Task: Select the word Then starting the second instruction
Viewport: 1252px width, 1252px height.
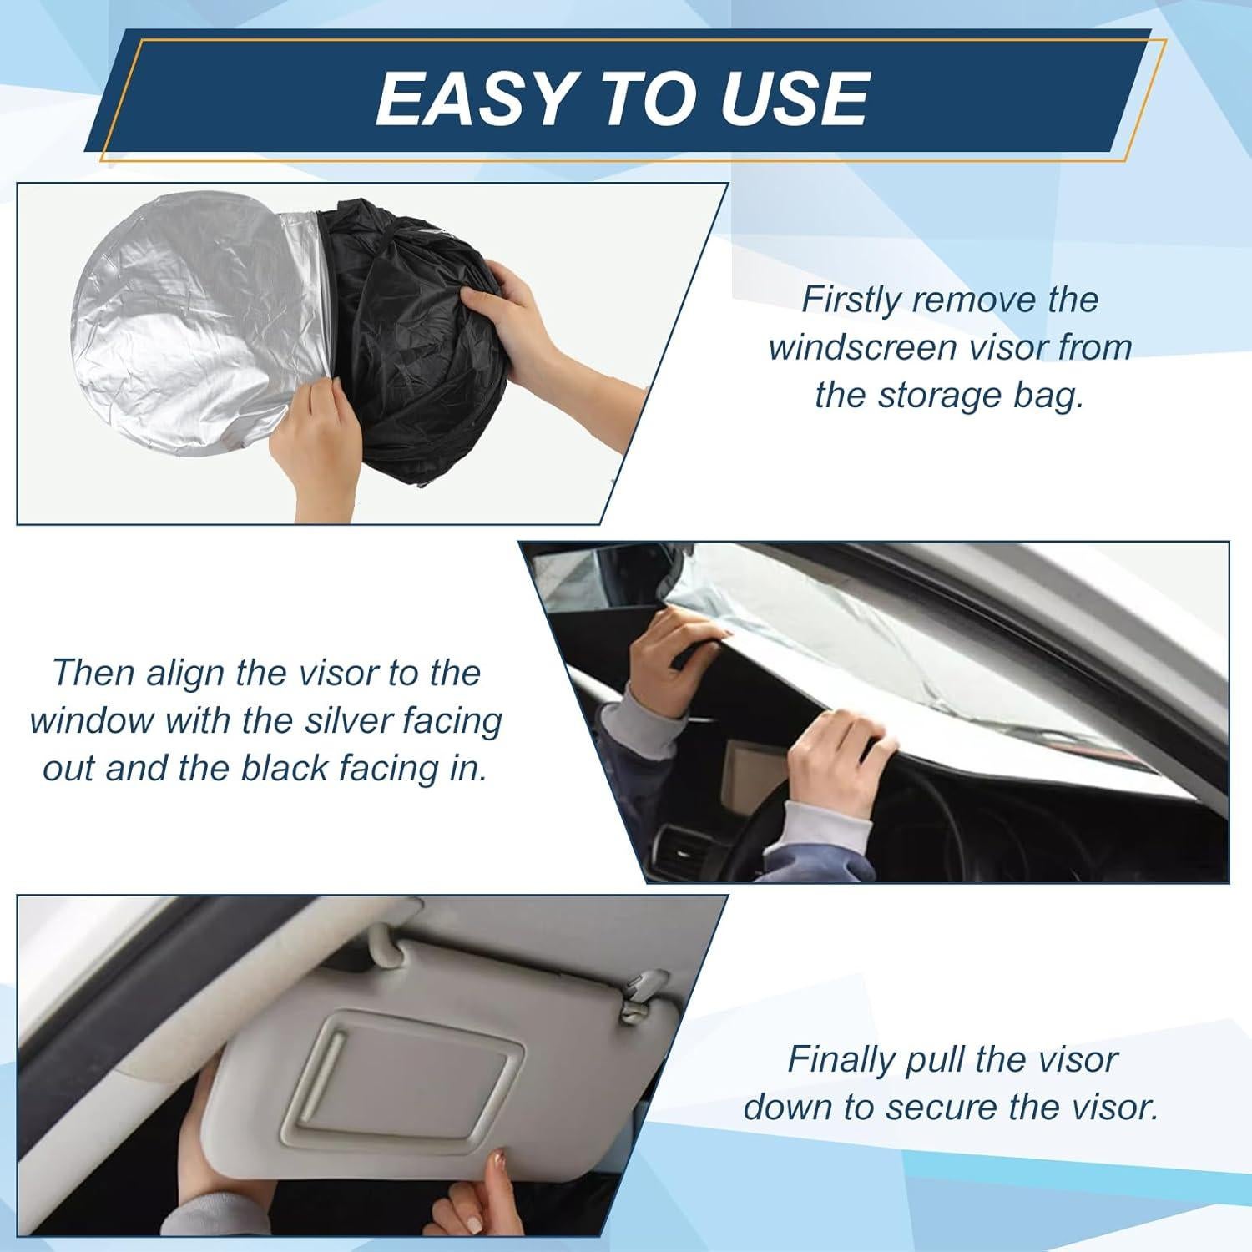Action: click(x=93, y=673)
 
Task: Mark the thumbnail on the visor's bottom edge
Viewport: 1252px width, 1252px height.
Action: click(x=500, y=1159)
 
